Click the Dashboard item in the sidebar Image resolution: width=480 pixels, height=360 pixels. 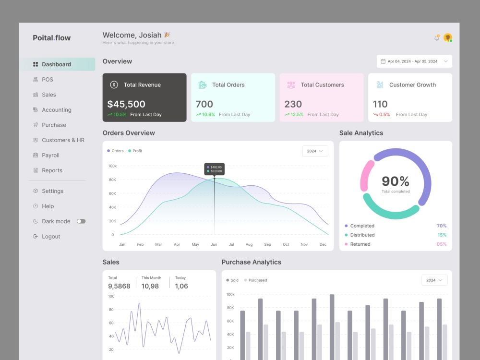tap(57, 64)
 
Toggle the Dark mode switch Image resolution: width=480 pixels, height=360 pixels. tap(81, 221)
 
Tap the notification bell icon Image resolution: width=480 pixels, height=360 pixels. tap(437, 37)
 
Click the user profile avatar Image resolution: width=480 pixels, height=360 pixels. tap(448, 37)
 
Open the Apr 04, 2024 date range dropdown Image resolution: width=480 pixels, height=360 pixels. tap(414, 61)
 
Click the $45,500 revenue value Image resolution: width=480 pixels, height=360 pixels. tap(126, 104)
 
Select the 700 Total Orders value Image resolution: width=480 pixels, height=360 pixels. tap(204, 104)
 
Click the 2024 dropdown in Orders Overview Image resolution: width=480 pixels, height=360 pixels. tap(315, 151)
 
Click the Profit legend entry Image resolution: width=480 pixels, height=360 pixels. tap(135, 151)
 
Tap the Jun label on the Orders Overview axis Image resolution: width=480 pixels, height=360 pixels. tap(214, 244)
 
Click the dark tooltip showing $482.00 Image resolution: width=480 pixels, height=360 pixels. tap(214, 169)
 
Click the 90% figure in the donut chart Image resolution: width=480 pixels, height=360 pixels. tap(396, 181)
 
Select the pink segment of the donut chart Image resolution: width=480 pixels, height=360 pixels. tap(366, 175)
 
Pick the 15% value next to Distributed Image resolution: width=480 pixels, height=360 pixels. tap(442, 235)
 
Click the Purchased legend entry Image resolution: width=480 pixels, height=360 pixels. tap(255, 280)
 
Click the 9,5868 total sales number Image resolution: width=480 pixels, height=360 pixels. tap(119, 286)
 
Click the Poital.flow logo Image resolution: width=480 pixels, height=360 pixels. tap(52, 37)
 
